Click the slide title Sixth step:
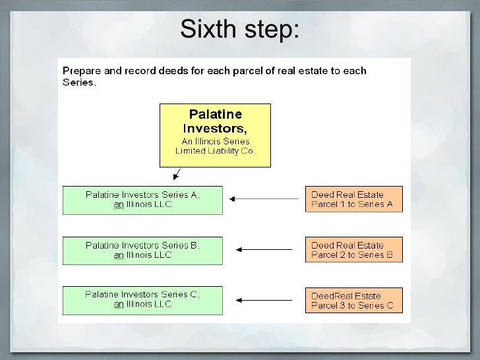[239, 29]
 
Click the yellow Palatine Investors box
[215, 135]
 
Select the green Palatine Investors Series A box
[142, 200]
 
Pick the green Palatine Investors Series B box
[142, 250]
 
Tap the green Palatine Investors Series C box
[142, 299]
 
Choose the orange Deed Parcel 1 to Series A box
[353, 200]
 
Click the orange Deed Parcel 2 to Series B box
[353, 250]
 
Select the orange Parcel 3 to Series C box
[353, 300]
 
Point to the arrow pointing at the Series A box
[264, 198]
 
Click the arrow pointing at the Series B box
[264, 249]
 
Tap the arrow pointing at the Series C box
[264, 300]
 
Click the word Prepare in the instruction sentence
[82, 71]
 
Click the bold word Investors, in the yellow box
[216, 127]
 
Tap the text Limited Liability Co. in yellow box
[215, 151]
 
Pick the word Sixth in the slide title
[204, 29]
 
